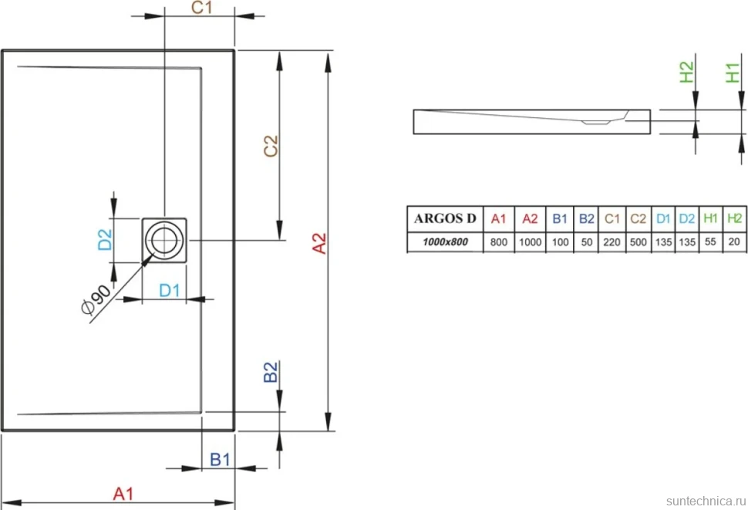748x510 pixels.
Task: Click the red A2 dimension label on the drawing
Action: point(319,243)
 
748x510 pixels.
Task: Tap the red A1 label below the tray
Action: point(123,494)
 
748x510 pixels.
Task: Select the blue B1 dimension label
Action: point(221,459)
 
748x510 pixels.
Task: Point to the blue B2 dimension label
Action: point(271,372)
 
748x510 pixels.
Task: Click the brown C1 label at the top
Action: point(201,8)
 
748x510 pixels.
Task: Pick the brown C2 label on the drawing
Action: point(271,146)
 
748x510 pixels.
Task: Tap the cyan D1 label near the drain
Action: point(170,290)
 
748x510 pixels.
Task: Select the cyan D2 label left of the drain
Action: point(105,239)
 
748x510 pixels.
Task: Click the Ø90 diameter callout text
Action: point(96,299)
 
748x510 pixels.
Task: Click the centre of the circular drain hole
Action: point(164,240)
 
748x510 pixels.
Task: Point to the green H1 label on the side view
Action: point(733,73)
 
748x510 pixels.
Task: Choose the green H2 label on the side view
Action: point(686,72)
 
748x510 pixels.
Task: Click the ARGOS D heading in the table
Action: point(445,218)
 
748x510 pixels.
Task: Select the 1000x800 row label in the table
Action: point(445,241)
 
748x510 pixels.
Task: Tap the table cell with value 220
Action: point(612,241)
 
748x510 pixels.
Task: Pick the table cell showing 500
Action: point(638,241)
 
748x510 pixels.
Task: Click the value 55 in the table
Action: point(710,241)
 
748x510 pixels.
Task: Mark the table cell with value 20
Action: point(734,241)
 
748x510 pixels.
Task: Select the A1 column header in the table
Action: point(498,218)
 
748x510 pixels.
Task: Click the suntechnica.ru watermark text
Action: point(706,501)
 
